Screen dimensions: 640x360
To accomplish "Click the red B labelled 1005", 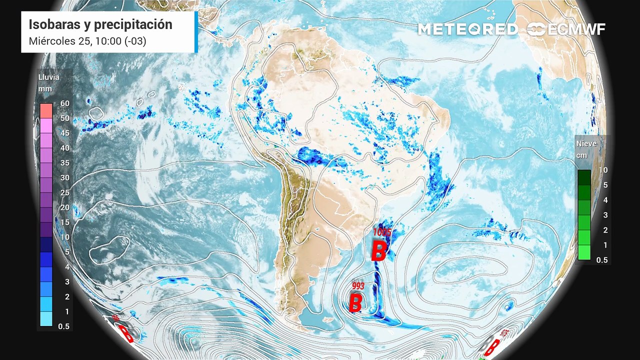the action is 378,251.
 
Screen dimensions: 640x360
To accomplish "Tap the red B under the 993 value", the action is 355,302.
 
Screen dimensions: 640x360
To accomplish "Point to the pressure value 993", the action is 358,286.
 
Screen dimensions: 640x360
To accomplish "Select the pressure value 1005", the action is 382,232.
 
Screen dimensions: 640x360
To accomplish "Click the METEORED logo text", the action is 467,29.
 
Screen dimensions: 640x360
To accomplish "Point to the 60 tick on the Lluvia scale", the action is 64,103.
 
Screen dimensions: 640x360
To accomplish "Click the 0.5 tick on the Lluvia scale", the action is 64,326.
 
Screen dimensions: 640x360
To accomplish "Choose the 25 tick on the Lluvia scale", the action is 64,192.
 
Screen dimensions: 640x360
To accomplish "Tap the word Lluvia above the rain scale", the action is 48,77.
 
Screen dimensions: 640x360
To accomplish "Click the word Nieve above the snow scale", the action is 586,143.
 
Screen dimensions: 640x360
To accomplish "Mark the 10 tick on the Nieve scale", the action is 603,170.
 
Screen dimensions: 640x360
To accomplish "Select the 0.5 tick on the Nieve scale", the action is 601,260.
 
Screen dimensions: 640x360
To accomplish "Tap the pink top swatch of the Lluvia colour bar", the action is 46,110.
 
